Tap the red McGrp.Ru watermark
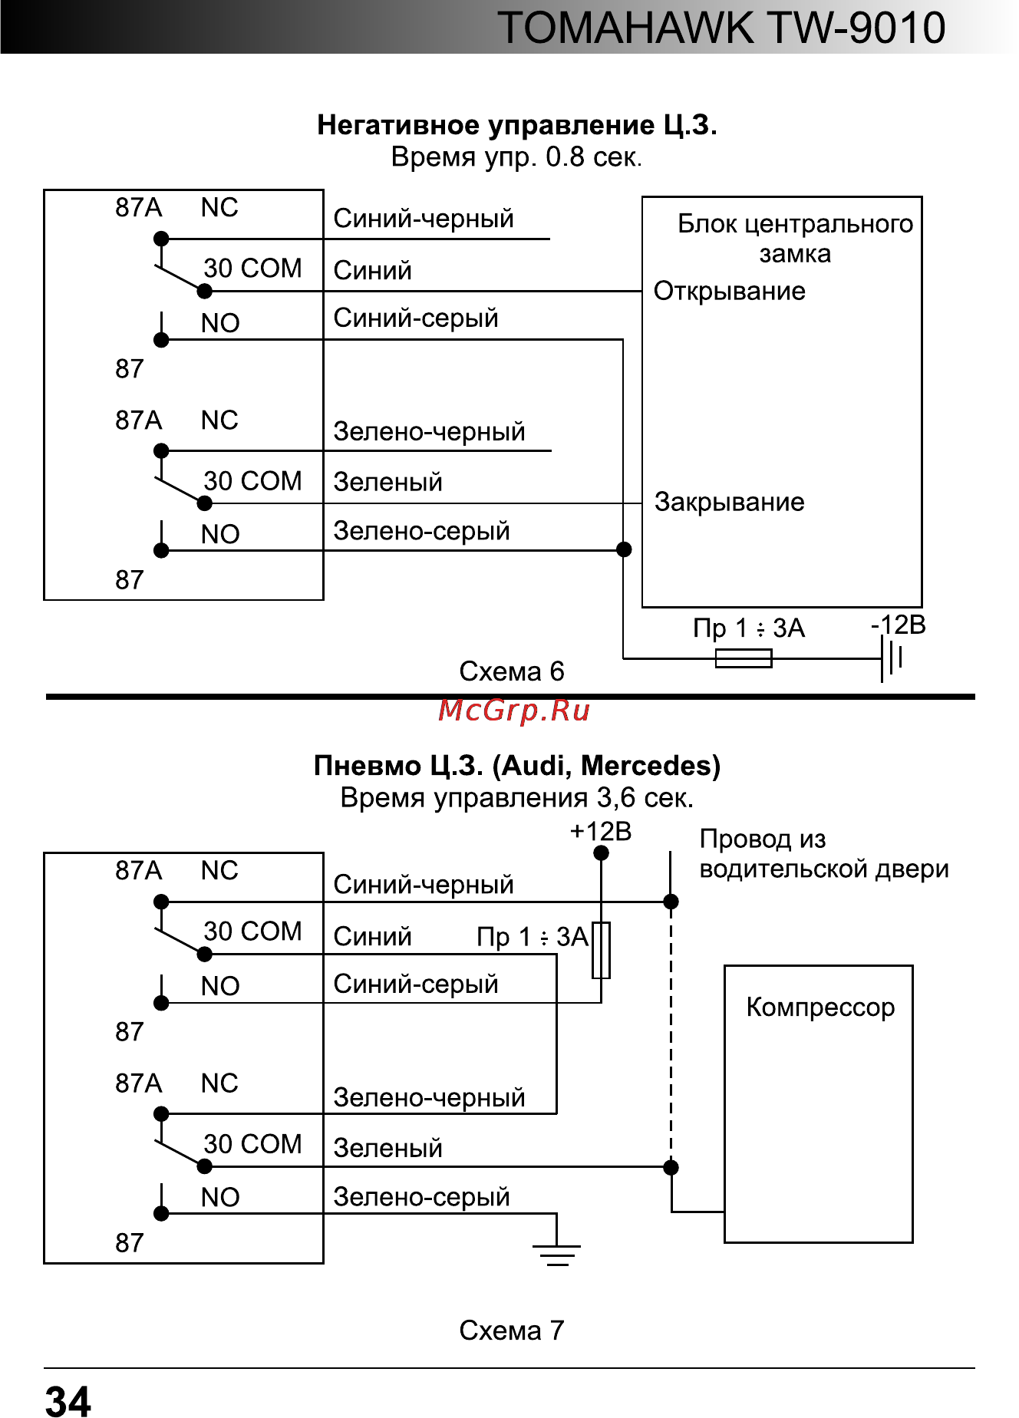[x=514, y=711]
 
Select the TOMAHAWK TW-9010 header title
[x=721, y=28]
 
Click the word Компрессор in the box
[x=820, y=1007]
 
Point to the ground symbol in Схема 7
[x=557, y=1254]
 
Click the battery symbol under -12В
[x=892, y=658]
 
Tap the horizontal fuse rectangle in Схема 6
[x=743, y=658]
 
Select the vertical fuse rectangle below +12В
[x=601, y=950]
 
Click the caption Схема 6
[x=511, y=671]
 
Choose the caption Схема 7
[x=511, y=1330]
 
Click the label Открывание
[x=729, y=292]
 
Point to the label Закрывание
[x=729, y=503]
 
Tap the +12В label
[x=600, y=831]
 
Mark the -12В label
[x=898, y=625]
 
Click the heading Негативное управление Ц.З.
[x=516, y=125]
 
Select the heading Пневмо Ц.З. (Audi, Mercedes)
[x=516, y=766]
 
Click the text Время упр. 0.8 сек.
[x=516, y=157]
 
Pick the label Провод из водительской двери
[x=823, y=854]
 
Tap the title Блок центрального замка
[x=795, y=238]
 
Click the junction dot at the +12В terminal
[x=602, y=853]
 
